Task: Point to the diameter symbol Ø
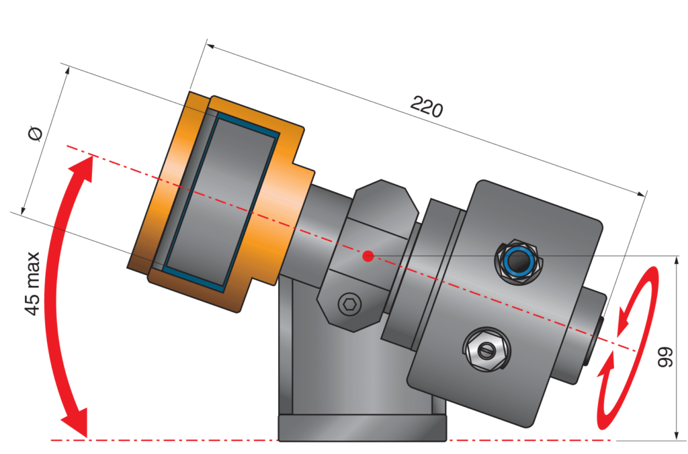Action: click(36, 134)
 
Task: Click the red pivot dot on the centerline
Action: click(368, 256)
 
